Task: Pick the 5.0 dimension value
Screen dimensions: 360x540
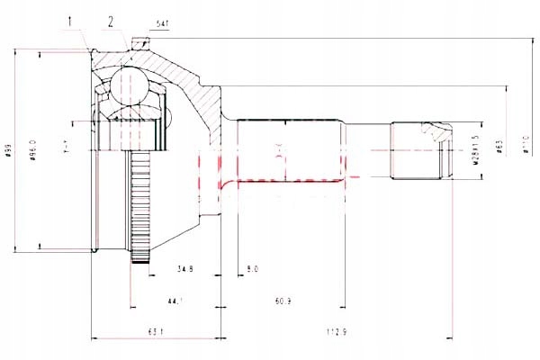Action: pos(251,268)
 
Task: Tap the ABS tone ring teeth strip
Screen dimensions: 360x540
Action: pos(139,207)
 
